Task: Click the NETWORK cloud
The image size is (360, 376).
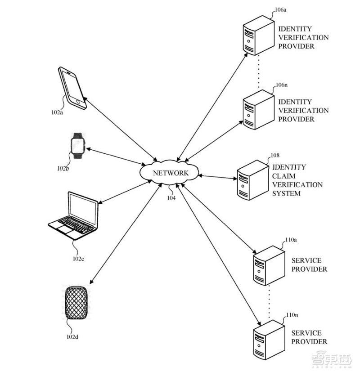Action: click(169, 172)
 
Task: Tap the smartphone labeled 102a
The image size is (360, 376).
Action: click(72, 88)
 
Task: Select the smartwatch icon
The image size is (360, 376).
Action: click(78, 146)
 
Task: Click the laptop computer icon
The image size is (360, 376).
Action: click(73, 215)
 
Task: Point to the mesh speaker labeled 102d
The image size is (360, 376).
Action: click(76, 303)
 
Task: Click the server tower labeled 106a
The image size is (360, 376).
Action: click(258, 36)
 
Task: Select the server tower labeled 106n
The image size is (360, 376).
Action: click(258, 110)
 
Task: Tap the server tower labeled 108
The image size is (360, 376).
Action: click(253, 180)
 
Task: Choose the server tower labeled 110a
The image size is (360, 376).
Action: click(269, 265)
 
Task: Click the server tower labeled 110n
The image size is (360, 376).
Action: click(269, 340)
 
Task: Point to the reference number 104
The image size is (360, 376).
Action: click(171, 198)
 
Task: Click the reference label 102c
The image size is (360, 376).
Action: click(78, 259)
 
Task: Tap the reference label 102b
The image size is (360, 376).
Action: click(63, 169)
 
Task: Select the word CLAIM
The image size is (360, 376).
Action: click(283, 176)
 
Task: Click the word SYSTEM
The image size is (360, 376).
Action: click(286, 193)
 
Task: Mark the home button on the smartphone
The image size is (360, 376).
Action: click(78, 102)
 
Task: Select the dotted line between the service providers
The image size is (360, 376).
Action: click(269, 302)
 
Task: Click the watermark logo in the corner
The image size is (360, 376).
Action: click(332, 360)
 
